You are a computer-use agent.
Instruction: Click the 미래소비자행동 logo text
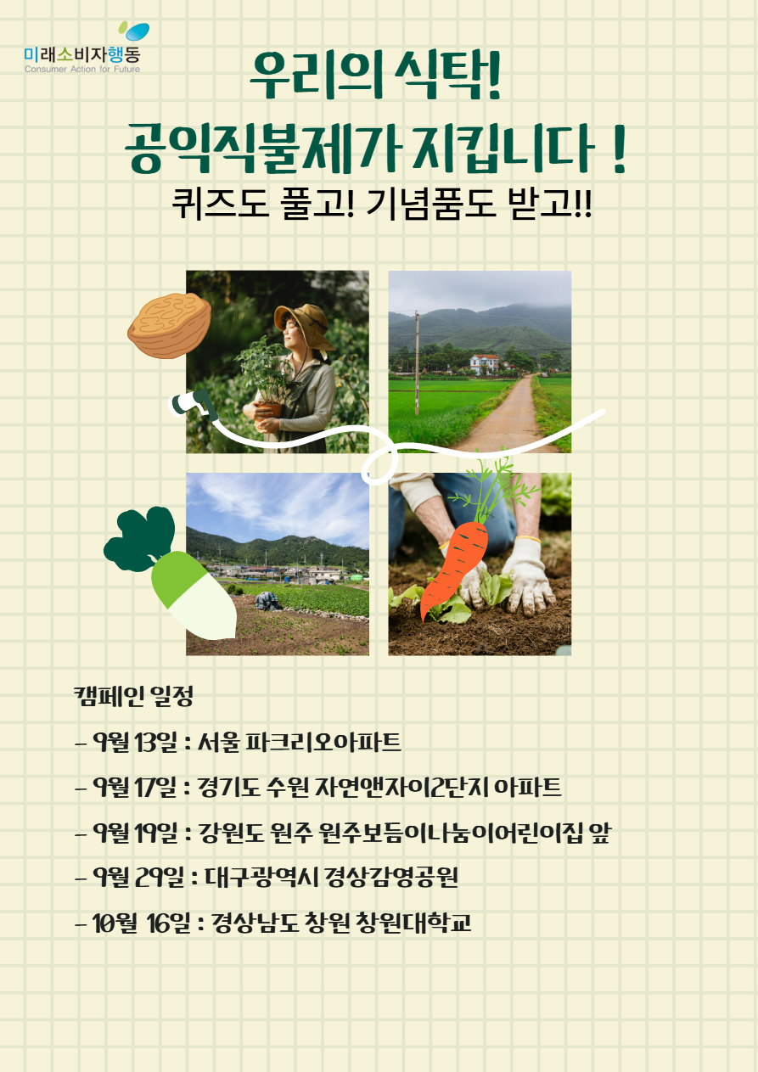pos(82,54)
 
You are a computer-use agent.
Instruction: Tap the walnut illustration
pos(170,325)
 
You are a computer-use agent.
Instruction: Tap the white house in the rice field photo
pos(484,364)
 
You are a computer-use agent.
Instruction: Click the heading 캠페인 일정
pos(133,696)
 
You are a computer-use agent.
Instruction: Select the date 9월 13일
pos(135,743)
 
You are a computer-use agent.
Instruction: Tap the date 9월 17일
pos(135,788)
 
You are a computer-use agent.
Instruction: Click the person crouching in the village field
pos(268,601)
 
